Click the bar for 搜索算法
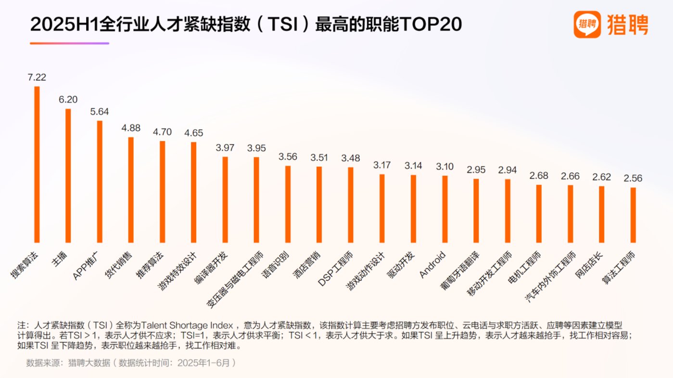coord(37,164)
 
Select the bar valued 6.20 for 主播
coord(68,175)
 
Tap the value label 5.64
coord(100,111)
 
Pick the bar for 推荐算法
coord(162,192)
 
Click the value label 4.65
coord(194,133)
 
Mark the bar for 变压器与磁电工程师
coord(256,199)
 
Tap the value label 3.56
coord(288,156)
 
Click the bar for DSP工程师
coord(351,205)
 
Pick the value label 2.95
coord(476,169)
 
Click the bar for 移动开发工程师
coord(508,211)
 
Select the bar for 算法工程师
coord(633,215)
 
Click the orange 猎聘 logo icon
coord(587,25)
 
